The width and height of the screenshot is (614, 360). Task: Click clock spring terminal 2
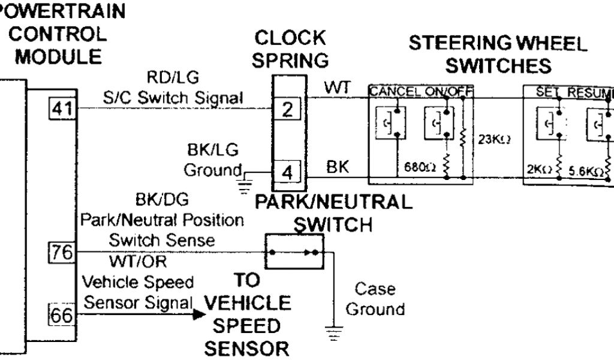288,109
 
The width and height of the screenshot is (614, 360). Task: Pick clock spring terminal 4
288,172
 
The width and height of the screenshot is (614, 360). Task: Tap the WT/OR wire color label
138,262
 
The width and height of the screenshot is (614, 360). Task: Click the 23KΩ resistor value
494,140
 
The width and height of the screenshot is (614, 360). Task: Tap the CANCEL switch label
395,92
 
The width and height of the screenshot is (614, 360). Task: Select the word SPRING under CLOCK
290,61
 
